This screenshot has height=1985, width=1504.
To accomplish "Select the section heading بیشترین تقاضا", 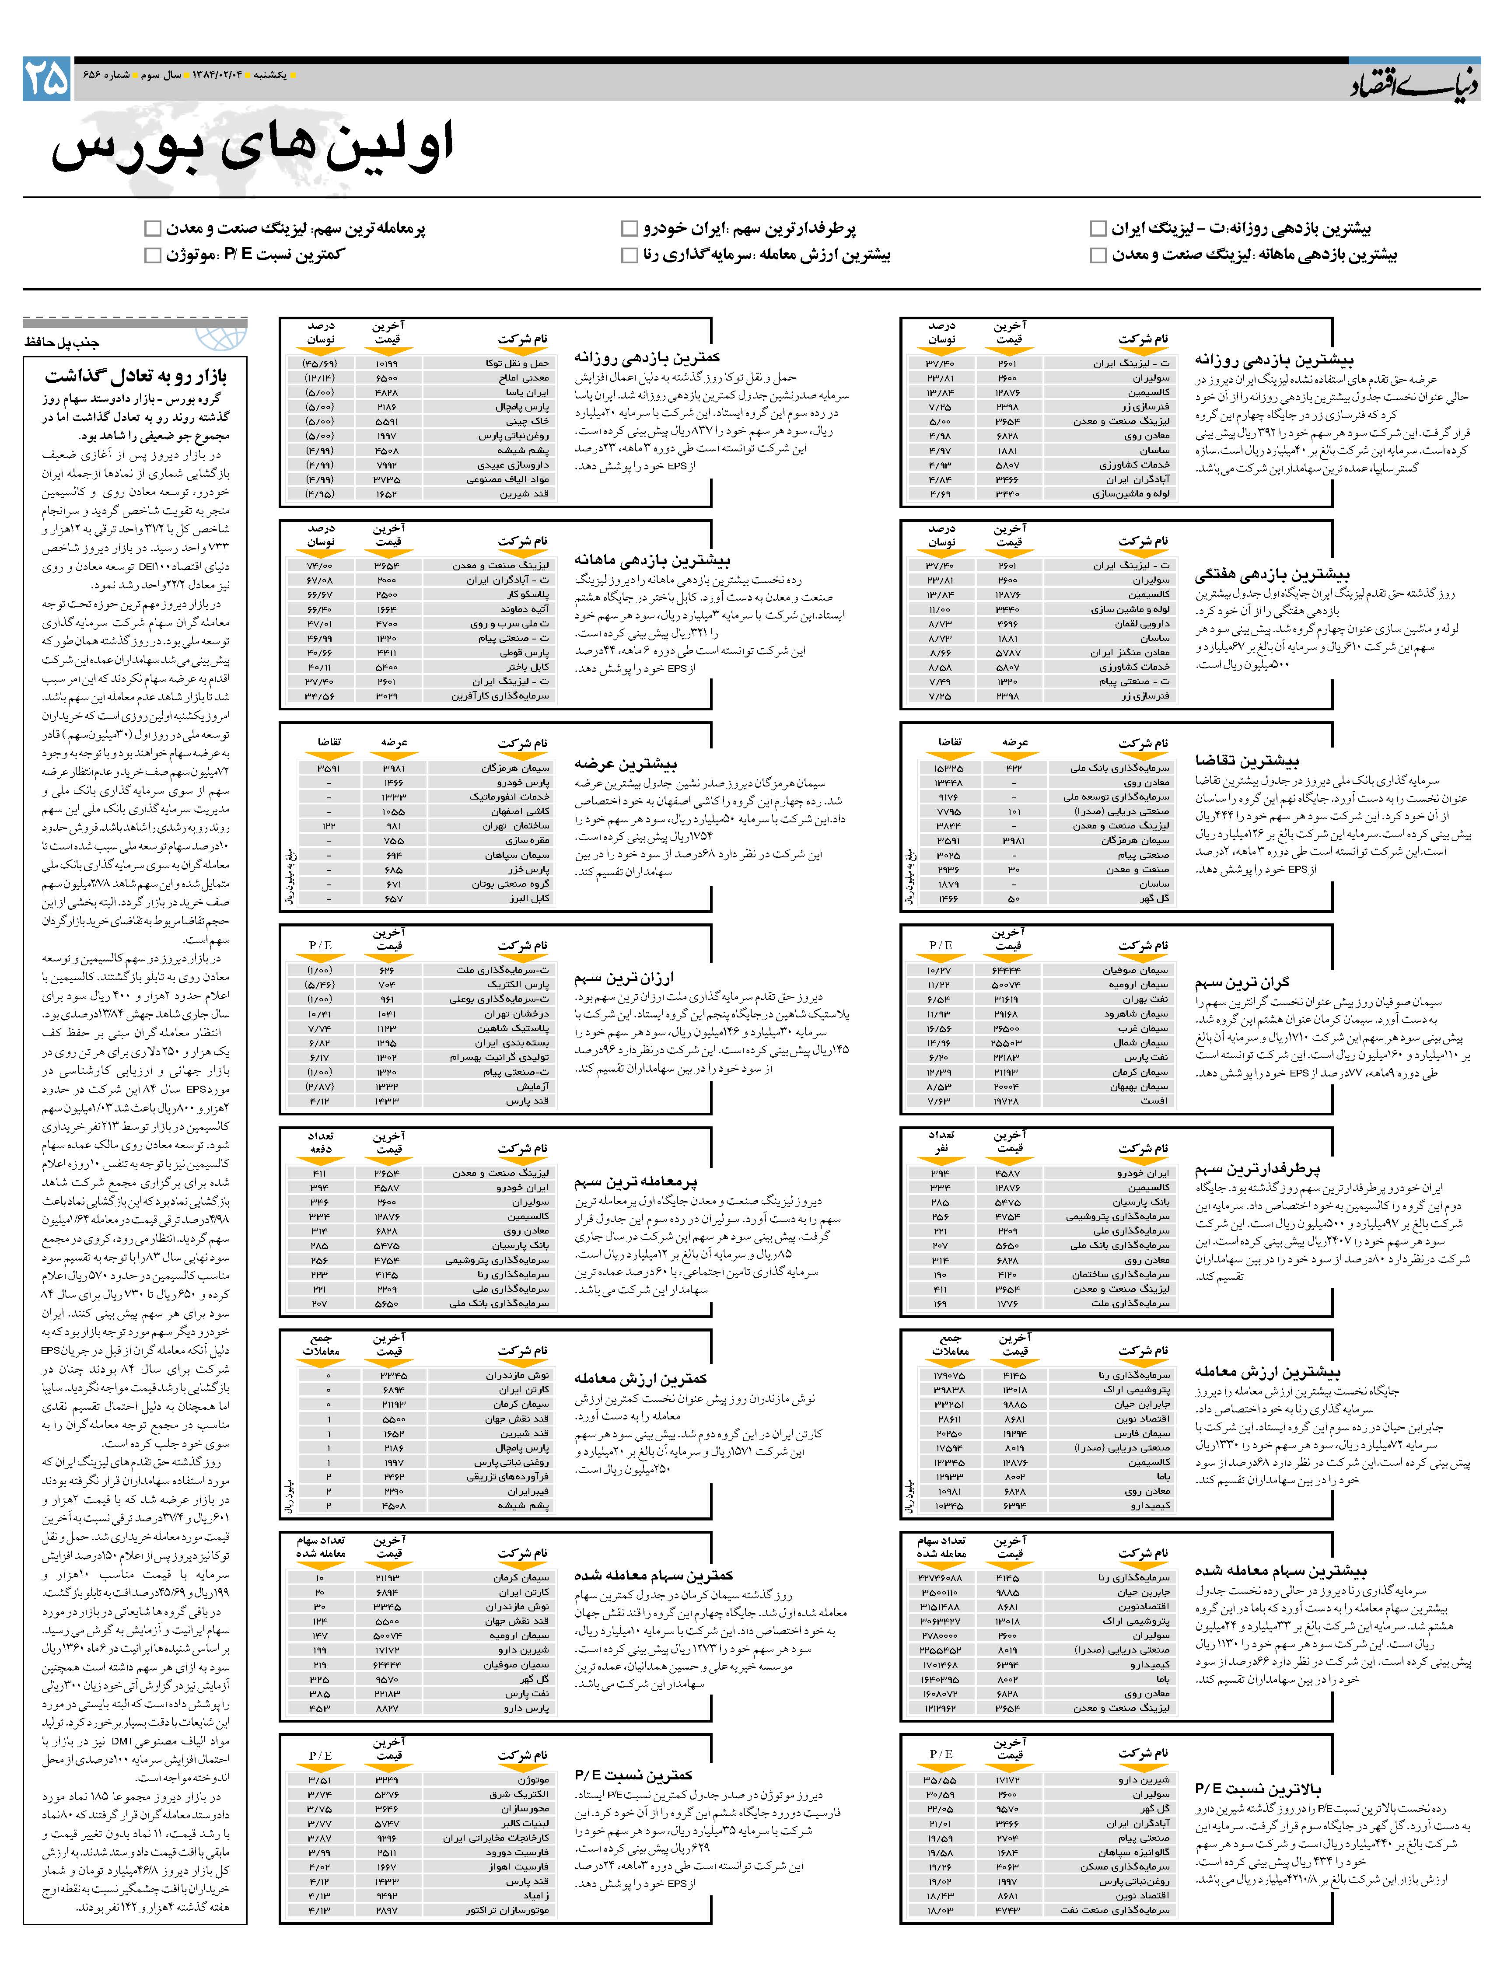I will coord(1246,760).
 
